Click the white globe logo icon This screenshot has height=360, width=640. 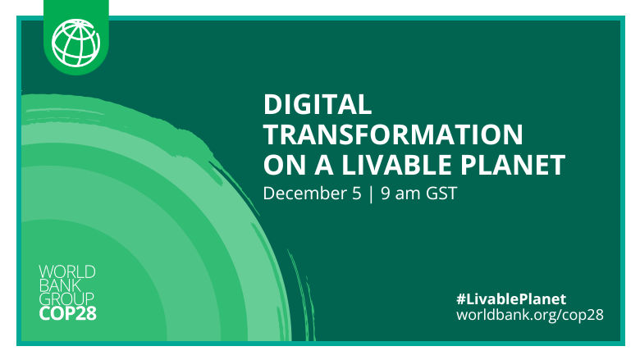pos(76,39)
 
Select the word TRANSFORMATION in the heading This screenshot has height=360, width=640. pos(392,134)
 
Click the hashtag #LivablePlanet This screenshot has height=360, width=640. pos(511,298)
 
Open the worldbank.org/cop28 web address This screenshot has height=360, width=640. pos(529,314)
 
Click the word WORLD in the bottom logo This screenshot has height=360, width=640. pos(67,271)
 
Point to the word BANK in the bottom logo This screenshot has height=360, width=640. pos(60,285)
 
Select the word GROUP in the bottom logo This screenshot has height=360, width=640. pos(65,299)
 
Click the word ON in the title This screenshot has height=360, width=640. pos(281,166)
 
